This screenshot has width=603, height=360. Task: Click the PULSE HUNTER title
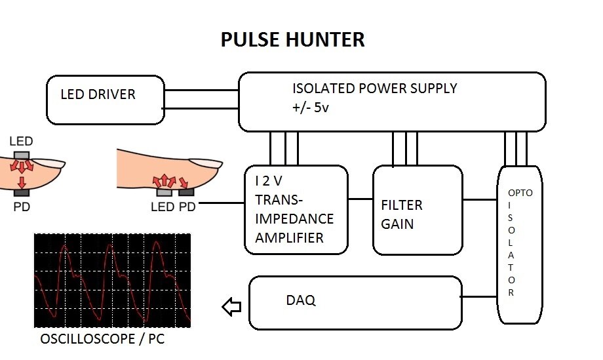coord(292,39)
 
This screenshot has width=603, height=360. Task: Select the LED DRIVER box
coord(105,100)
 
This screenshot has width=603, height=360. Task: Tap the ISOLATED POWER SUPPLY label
coord(374,88)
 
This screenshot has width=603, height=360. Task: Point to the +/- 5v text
coord(311,108)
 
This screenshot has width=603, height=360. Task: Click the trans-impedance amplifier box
coord(295,210)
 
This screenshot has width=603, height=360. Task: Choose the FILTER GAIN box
coord(417,210)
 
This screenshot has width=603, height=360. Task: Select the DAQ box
coord(355,302)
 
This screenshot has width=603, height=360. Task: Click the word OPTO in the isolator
coord(520,193)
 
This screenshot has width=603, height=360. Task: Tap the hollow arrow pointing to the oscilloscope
coord(231,306)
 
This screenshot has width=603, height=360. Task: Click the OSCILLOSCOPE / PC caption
coord(101,340)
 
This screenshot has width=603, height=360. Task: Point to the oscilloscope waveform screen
coord(112,280)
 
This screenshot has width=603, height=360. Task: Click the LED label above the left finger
coord(22,142)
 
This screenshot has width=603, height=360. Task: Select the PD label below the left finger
coord(22,207)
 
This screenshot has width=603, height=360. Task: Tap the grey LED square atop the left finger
coord(22,154)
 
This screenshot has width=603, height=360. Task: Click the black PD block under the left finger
coord(22,193)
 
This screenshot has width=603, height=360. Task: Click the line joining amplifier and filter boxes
coord(359,198)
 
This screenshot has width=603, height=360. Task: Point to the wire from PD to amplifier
coord(221,204)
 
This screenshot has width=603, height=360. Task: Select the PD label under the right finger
coord(187,207)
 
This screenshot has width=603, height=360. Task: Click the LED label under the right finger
coord(163,207)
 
